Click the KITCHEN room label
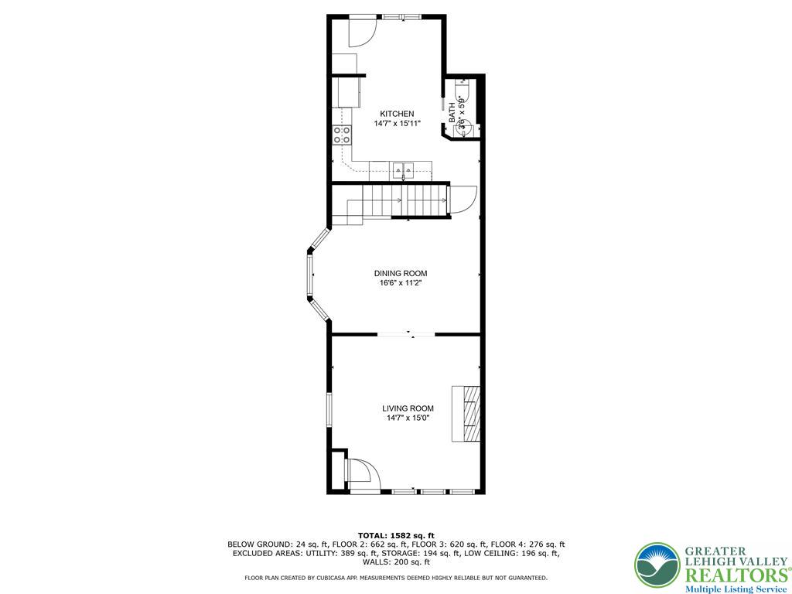coord(396,114)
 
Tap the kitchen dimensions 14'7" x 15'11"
coord(396,124)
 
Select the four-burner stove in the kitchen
coord(341,135)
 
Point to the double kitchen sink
coord(402,169)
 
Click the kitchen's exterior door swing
coord(361,31)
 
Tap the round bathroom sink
coord(463,128)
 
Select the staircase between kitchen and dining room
coord(406,201)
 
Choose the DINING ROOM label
coord(400,273)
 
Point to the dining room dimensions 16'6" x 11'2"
coord(400,283)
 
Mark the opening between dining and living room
coord(406,334)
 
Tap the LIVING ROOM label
coord(408,408)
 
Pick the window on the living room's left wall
coord(329,410)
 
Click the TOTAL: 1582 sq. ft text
coord(396,535)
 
